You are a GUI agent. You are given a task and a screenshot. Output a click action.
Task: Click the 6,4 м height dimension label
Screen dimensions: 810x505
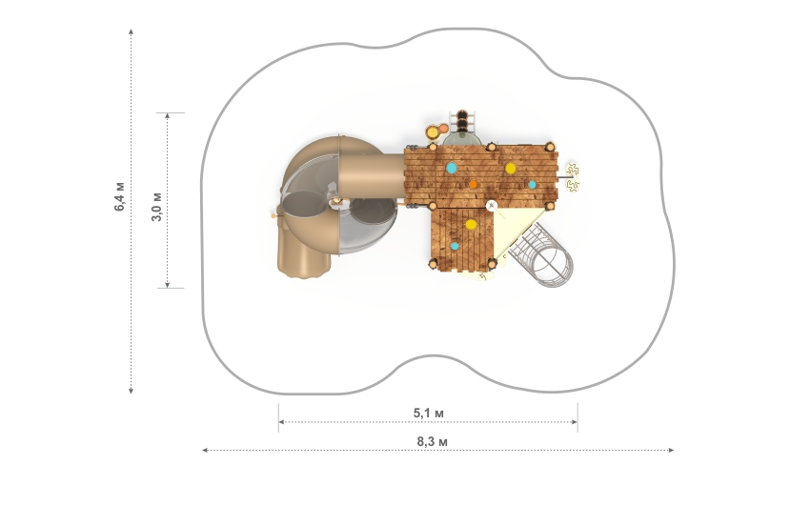tap(119, 196)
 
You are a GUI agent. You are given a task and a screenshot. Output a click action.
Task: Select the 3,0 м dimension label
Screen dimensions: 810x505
tap(156, 207)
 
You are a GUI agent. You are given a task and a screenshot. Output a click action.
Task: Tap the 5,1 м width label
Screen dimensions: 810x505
tap(428, 414)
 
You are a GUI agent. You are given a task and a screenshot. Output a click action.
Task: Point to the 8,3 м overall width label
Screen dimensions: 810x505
tap(433, 442)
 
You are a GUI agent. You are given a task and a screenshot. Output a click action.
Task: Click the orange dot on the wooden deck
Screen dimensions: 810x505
tap(474, 184)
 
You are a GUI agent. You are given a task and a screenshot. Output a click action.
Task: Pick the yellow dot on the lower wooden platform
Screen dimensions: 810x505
tap(471, 225)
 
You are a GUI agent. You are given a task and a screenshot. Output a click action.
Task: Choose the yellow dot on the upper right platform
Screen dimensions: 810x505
tap(511, 169)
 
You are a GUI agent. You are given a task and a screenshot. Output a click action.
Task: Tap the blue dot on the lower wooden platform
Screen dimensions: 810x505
tap(454, 246)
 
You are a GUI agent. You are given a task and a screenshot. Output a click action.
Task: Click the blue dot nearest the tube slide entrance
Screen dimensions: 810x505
tap(452, 168)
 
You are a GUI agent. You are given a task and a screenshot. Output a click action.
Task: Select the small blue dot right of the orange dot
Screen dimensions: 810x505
tap(532, 184)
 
